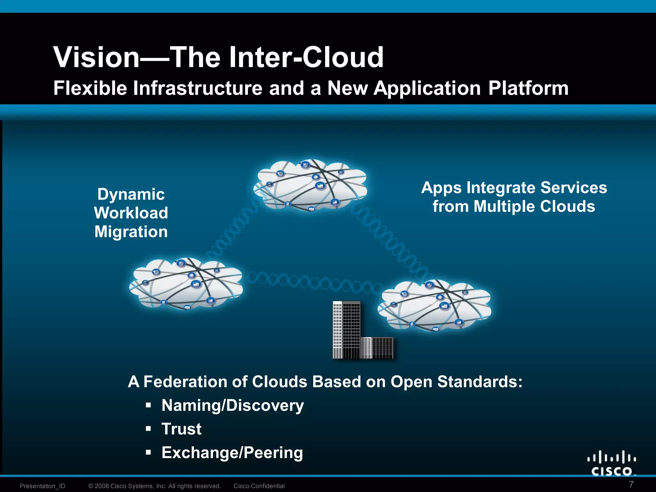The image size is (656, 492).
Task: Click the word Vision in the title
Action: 96,57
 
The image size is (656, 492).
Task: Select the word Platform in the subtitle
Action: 529,88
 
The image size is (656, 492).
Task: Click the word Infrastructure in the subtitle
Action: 198,88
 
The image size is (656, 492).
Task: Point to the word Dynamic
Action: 131,194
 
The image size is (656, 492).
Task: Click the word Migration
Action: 131,232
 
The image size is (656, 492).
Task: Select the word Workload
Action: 131,213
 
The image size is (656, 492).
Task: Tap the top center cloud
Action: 310,186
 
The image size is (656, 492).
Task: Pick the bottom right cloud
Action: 434,306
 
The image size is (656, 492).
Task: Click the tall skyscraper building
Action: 346,330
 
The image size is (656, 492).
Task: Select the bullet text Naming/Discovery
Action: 233,406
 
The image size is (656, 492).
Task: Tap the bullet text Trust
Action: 181,429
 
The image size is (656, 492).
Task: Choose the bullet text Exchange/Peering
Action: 232,453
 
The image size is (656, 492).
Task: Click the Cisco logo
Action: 611,463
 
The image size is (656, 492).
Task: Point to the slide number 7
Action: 631,484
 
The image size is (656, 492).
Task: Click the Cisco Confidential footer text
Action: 259,486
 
